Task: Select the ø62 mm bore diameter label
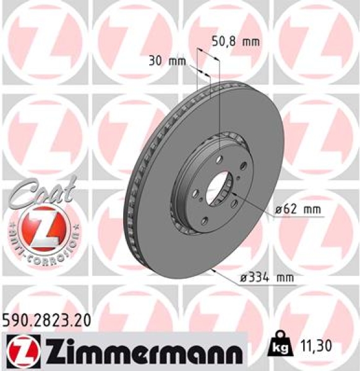coord(299,210)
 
